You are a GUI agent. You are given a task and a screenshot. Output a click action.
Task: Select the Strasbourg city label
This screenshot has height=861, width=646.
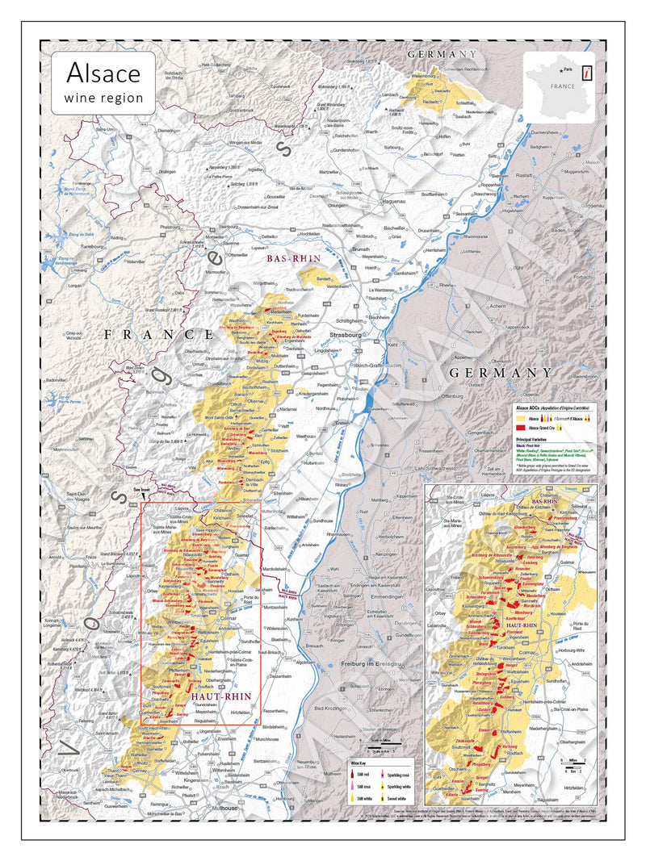[347, 332]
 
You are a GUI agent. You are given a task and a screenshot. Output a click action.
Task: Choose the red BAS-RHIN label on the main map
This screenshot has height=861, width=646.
[294, 259]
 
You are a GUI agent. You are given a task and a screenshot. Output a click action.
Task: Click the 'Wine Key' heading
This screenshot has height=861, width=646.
[359, 763]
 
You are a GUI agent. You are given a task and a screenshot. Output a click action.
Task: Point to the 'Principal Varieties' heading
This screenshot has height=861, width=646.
[535, 440]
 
